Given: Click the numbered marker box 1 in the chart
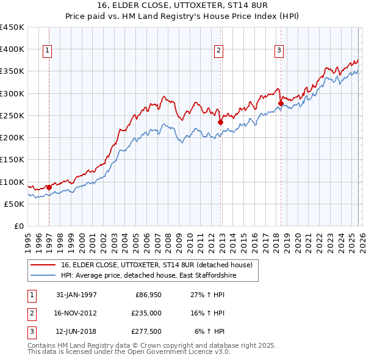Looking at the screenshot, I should point(47,51).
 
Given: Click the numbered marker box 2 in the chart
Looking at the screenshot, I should point(218,51).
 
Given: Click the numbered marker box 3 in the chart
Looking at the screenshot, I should point(279,51).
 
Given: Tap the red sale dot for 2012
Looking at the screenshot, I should point(220,122).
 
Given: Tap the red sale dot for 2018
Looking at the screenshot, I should point(281,103).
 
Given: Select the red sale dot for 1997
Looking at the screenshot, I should point(49,187).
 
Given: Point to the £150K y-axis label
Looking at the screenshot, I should point(12,160).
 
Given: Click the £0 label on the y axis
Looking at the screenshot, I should point(18,226).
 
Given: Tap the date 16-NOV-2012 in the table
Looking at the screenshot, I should point(76,312).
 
